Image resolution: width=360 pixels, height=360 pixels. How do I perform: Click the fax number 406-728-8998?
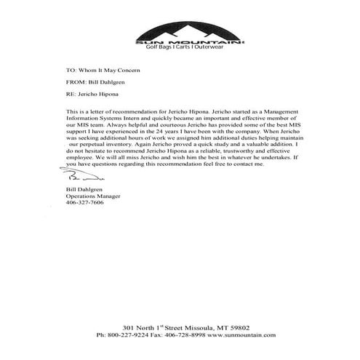click(189, 335)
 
